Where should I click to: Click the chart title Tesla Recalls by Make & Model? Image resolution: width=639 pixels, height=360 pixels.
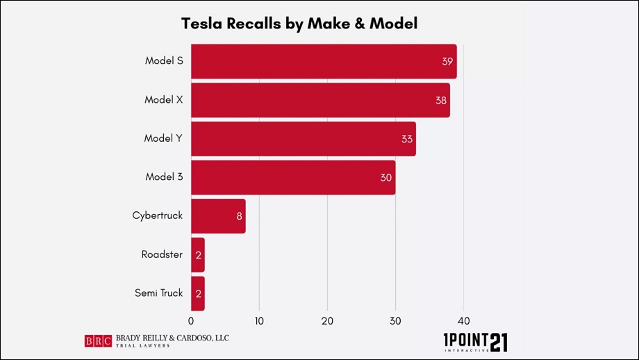pyautogui.click(x=299, y=24)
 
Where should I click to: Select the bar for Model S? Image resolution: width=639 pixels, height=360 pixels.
pyautogui.click(x=323, y=61)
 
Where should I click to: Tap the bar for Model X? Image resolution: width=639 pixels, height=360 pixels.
pyautogui.click(x=319, y=100)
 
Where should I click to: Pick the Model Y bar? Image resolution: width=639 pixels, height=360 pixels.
pyautogui.click(x=303, y=138)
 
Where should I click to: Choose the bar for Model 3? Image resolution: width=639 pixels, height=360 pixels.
pyautogui.click(x=292, y=177)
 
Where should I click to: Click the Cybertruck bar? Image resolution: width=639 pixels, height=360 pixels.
pyautogui.click(x=217, y=215)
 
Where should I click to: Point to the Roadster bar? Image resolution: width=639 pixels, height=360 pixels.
pyautogui.click(x=197, y=254)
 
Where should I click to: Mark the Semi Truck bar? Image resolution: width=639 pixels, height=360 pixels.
pyautogui.click(x=197, y=293)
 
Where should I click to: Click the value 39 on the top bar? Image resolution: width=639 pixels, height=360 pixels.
pyautogui.click(x=447, y=61)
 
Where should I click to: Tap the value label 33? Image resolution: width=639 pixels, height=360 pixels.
pyautogui.click(x=406, y=139)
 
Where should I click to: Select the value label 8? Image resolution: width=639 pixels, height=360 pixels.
pyautogui.click(x=239, y=216)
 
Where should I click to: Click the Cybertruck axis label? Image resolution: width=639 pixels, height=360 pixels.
pyautogui.click(x=157, y=215)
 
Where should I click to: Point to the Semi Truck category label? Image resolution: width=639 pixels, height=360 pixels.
pyautogui.click(x=158, y=293)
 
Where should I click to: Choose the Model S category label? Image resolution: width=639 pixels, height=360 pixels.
pyautogui.click(x=164, y=61)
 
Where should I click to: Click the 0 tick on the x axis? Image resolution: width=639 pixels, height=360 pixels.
pyautogui.click(x=191, y=321)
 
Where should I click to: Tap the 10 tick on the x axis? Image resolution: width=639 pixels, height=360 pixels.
pyautogui.click(x=259, y=321)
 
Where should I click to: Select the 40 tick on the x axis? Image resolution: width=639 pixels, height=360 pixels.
pyautogui.click(x=464, y=321)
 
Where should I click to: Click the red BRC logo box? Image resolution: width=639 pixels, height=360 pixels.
pyautogui.click(x=97, y=341)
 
